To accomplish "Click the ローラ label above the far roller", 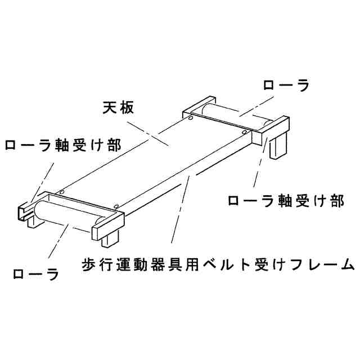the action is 286,85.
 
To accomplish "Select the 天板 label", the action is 118,107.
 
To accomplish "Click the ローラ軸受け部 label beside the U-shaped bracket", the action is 62,145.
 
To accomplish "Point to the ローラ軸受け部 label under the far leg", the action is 285,200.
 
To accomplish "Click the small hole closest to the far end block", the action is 244,133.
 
